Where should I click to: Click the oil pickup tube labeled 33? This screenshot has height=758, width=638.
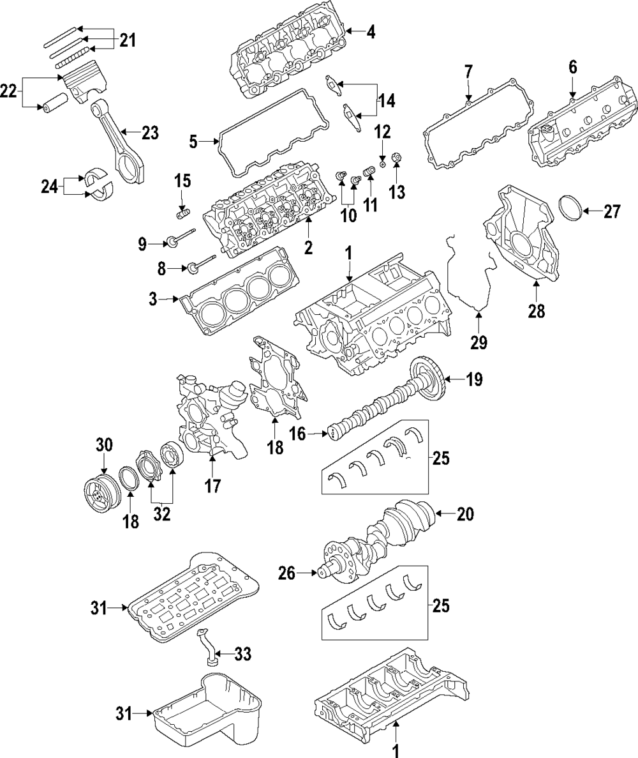[209, 654]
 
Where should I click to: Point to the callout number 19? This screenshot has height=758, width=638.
[473, 380]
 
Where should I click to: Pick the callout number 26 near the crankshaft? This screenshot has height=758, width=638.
[286, 574]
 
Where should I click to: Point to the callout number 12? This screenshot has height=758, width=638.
[382, 133]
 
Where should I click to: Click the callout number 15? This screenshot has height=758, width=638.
[182, 181]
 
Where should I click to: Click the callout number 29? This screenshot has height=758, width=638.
[478, 342]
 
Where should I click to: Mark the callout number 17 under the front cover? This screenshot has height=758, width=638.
[212, 485]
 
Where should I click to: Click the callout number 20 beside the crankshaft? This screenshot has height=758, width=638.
[466, 513]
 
